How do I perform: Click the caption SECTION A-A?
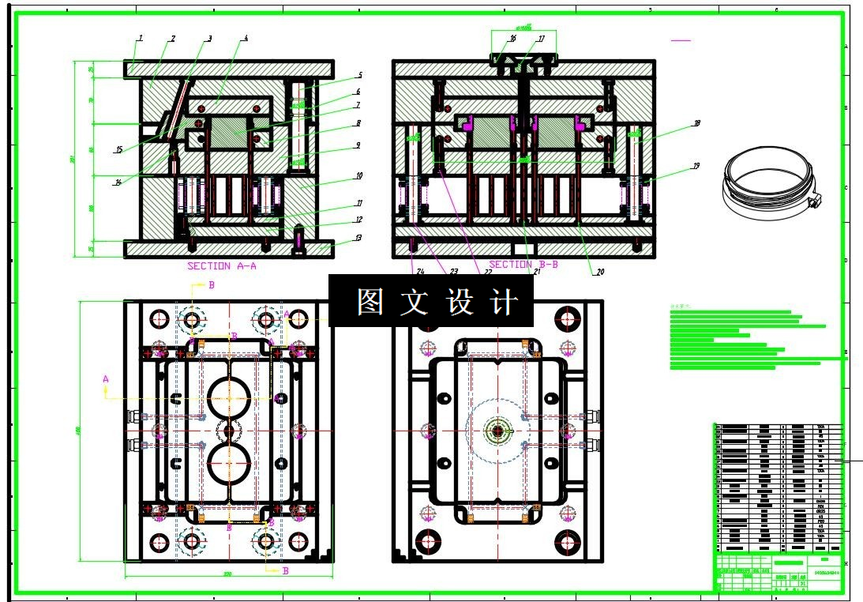point(221,266)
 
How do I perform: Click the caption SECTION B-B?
point(523,265)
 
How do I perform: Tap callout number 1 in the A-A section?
point(140,38)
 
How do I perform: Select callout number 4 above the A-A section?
point(246,38)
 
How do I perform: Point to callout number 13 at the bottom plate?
point(358,238)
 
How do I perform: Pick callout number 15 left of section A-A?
point(118,150)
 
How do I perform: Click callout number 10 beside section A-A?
point(358,175)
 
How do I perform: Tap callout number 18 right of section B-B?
point(696,123)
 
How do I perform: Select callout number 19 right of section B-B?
point(696,166)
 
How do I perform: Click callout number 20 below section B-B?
point(599,272)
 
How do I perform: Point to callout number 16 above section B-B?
point(512,38)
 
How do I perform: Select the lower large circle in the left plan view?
point(230,463)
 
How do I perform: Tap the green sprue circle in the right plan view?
point(498,431)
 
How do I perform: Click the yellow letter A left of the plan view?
point(106,379)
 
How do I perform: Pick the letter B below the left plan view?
point(285,570)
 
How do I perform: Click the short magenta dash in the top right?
point(680,40)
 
